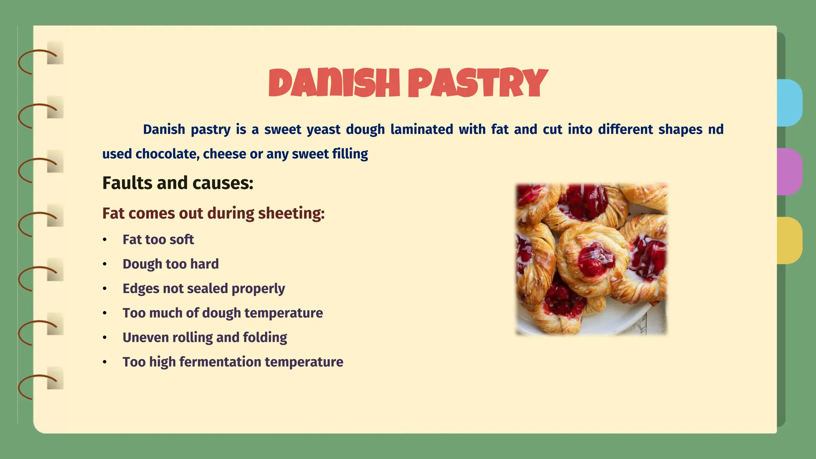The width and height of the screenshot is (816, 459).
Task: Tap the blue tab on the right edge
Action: pyautogui.click(x=790, y=103)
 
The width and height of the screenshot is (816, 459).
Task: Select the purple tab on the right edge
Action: pyautogui.click(x=790, y=172)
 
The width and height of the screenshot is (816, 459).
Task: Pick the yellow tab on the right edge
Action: pyautogui.click(x=790, y=240)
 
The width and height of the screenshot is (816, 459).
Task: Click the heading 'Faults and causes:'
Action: pyautogui.click(x=178, y=183)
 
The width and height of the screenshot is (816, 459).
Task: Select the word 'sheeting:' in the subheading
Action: pyautogui.click(x=291, y=214)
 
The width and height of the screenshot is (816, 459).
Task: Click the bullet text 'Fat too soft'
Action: pyautogui.click(x=158, y=239)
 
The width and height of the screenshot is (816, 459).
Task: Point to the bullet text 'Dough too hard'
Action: pyautogui.click(x=171, y=264)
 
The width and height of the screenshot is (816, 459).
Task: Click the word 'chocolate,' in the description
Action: pyautogui.click(x=167, y=154)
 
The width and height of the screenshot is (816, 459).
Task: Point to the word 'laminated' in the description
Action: pyautogui.click(x=422, y=129)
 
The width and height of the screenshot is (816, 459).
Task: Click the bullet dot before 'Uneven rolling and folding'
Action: pyautogui.click(x=105, y=338)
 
